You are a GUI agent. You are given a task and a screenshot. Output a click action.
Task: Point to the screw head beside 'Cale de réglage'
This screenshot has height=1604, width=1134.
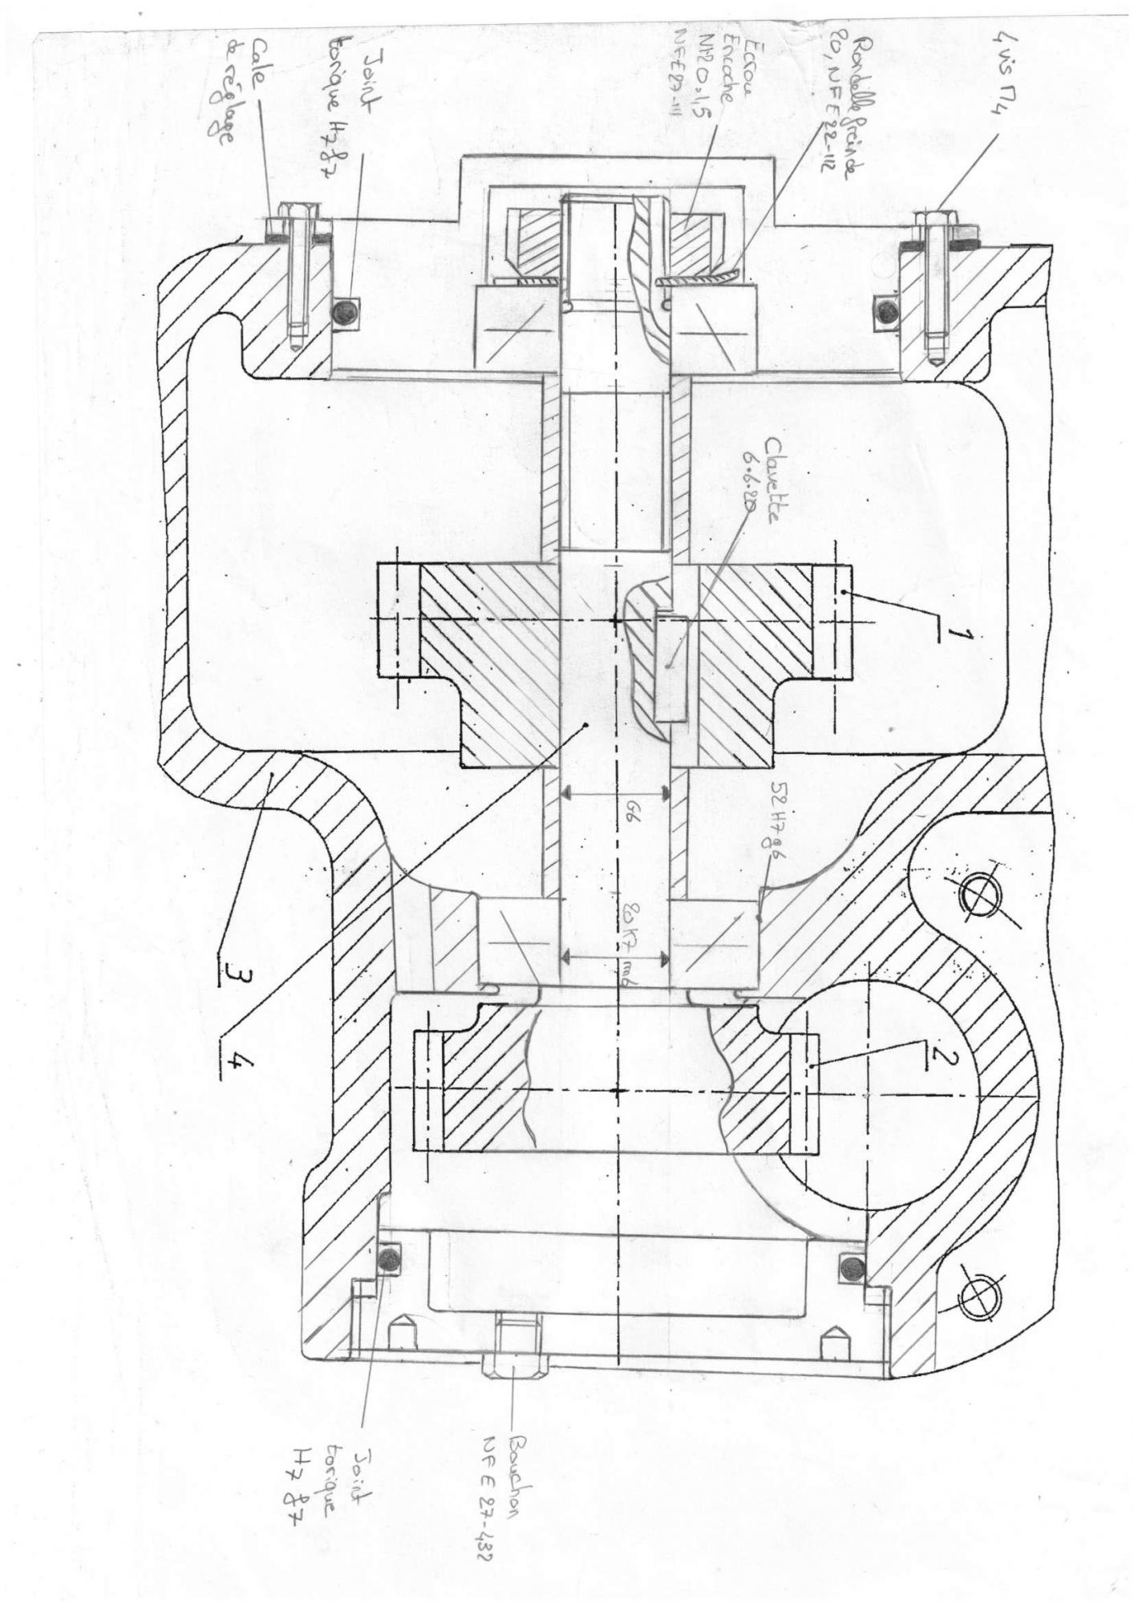(295, 225)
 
